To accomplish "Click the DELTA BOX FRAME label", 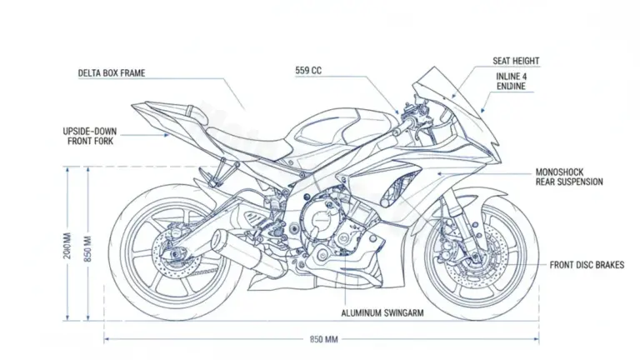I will click(x=111, y=73).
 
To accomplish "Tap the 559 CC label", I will click(x=308, y=71).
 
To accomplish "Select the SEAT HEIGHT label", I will click(x=516, y=62).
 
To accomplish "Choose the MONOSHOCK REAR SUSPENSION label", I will click(x=568, y=177).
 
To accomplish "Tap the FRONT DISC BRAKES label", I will click(x=587, y=265).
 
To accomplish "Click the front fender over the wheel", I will click(x=483, y=200).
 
